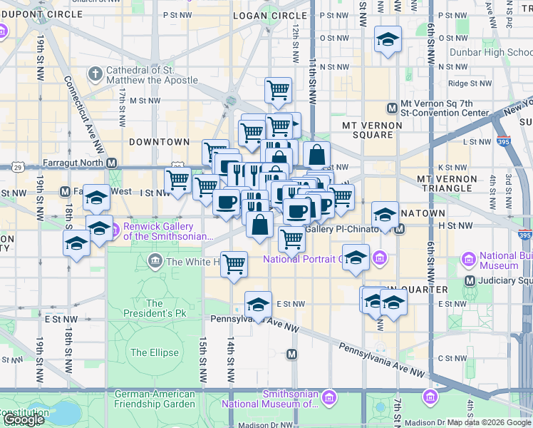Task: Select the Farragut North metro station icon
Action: [112, 163]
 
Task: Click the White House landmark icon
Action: [155, 262]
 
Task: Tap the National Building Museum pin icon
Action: [469, 259]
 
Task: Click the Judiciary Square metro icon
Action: [469, 280]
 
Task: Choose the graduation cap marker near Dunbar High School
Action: [388, 40]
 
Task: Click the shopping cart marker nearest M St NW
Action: [278, 91]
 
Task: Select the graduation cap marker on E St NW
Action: [258, 305]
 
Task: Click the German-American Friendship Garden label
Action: [154, 399]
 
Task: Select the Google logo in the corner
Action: [24, 420]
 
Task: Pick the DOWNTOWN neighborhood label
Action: [159, 142]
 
